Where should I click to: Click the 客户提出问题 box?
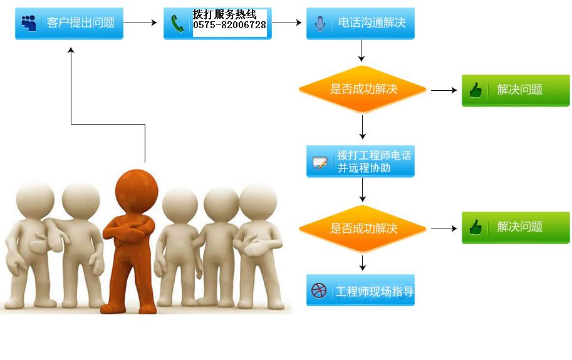[69, 23]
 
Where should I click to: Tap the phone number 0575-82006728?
[229, 25]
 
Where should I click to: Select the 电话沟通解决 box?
[360, 23]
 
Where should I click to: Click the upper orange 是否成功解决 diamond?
[363, 90]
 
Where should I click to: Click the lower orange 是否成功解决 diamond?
[363, 229]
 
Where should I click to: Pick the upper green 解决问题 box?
[516, 90]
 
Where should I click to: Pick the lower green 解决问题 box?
[516, 227]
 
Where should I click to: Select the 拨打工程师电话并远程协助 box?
[360, 162]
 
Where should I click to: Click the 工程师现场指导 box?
[360, 291]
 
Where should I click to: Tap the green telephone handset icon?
[177, 24]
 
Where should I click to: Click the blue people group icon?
[29, 23]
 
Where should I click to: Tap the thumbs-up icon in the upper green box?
[476, 90]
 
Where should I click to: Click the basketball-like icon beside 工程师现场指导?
[319, 291]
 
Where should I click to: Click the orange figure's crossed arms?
[128, 230]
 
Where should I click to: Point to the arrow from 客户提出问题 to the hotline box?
[140, 23]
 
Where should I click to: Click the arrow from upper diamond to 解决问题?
[444, 90]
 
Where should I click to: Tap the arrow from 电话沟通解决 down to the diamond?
[361, 51]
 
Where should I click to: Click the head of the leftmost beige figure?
[35, 200]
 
